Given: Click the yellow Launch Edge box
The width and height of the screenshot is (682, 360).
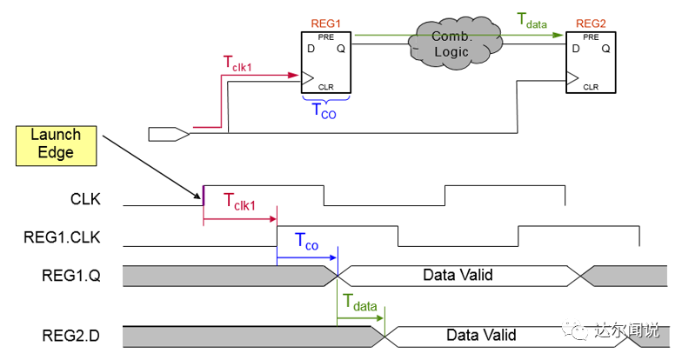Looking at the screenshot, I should tap(57, 143).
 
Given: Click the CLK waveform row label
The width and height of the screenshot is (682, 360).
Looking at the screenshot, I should tap(84, 199).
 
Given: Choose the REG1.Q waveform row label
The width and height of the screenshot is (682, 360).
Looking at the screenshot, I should tap(71, 275).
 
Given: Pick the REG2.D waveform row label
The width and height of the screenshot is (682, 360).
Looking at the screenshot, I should tap(71, 335).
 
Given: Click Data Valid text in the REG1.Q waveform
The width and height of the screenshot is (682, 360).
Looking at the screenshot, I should tap(458, 275).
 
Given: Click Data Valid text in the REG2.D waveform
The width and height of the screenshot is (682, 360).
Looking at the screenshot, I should tap(481, 335).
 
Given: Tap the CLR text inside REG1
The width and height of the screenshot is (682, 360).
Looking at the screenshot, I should tap(326, 86).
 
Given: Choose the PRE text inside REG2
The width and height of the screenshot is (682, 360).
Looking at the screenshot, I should tap(591, 37).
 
